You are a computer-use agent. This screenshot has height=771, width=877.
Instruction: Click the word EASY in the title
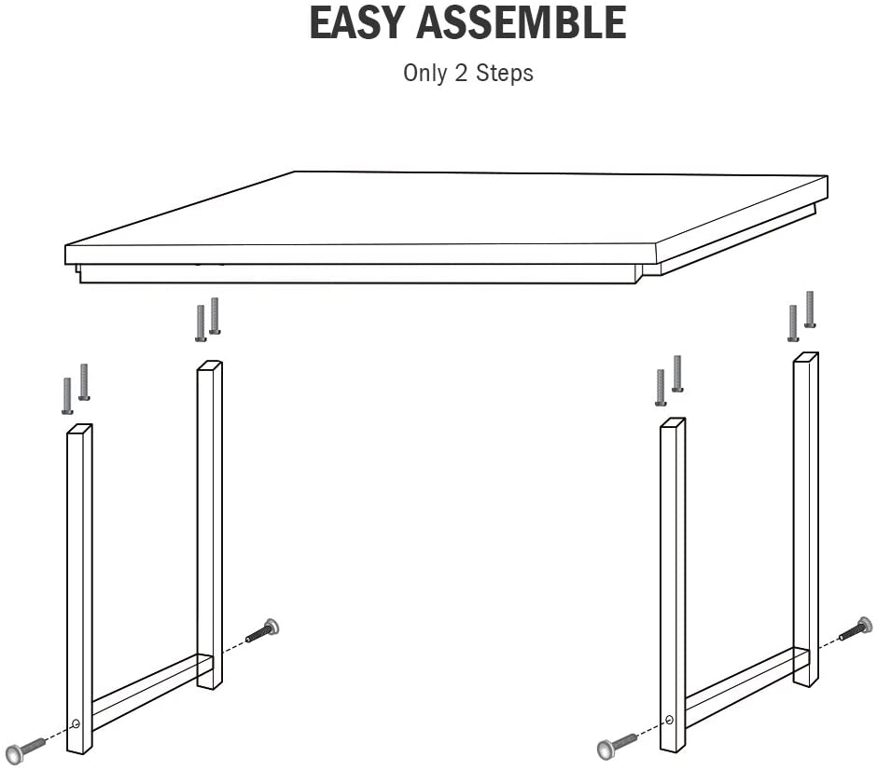pos(357,22)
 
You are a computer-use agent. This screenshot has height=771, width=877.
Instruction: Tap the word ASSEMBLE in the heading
pos(522,22)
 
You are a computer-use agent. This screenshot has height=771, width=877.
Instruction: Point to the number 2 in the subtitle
pos(461,74)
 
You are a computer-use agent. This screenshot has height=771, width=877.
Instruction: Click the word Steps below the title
pos(505,74)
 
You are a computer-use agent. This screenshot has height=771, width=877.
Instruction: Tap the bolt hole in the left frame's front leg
pos(77,724)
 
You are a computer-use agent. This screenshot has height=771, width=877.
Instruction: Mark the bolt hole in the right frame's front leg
pos(670,720)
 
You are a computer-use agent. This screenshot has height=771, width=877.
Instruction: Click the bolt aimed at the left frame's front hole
pos(24,748)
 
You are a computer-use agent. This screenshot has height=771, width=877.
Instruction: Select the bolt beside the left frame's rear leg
pos(263,630)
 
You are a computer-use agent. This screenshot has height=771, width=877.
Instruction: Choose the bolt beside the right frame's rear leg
pos(856,628)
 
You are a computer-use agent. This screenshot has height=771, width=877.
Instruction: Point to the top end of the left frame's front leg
pos(79,429)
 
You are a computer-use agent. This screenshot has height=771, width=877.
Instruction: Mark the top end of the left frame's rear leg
pos(210,365)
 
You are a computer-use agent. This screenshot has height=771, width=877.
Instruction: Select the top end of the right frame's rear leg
pos(806,357)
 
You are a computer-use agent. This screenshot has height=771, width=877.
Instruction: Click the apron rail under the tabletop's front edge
pos(358,273)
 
